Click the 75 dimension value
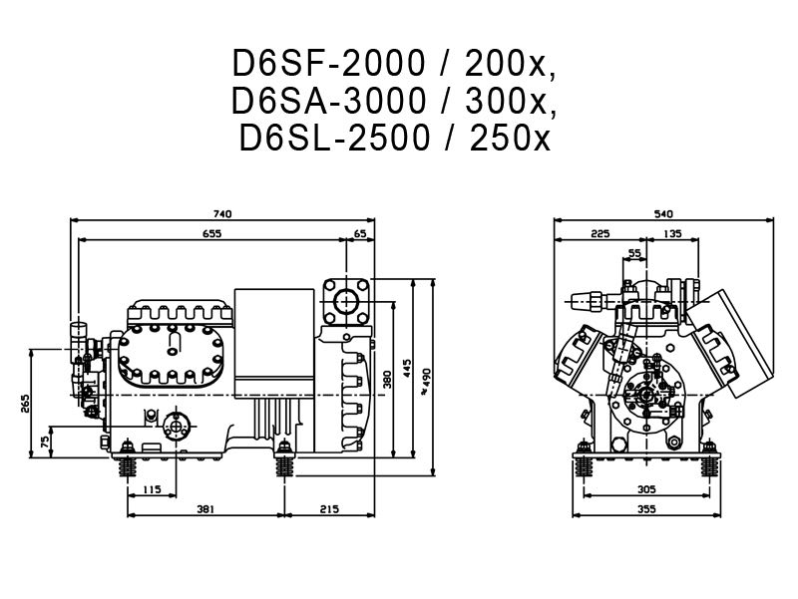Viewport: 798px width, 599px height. click(44, 440)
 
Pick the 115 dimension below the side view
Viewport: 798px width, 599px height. click(152, 489)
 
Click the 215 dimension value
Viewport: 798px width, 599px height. click(328, 509)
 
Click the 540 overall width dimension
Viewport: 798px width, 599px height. click(662, 213)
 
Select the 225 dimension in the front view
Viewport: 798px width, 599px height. click(599, 234)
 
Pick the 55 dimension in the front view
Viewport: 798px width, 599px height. click(636, 254)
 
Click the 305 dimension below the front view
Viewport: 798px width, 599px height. click(646, 489)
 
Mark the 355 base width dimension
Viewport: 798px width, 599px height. click(646, 509)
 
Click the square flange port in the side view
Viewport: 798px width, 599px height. click(348, 298)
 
